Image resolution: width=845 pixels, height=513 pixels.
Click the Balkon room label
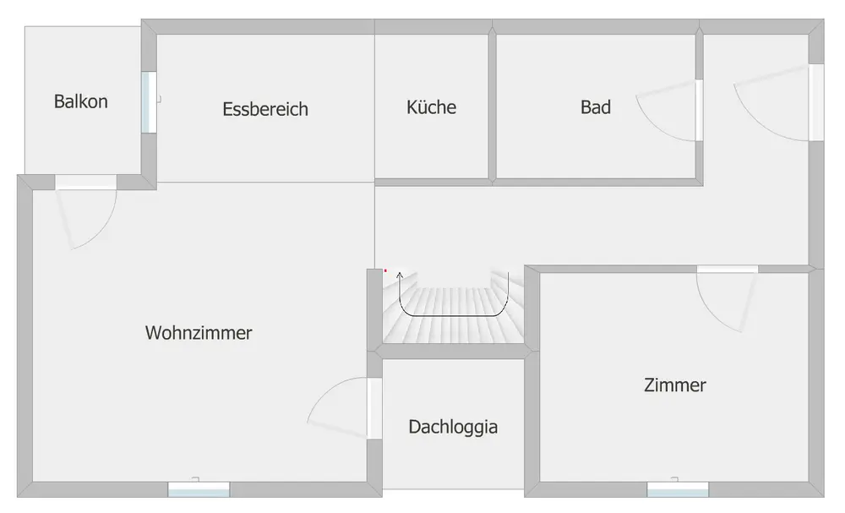click(81, 101)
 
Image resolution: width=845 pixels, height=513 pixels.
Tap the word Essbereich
click(265, 109)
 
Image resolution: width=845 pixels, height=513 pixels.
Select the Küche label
click(431, 107)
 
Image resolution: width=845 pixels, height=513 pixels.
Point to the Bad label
click(596, 107)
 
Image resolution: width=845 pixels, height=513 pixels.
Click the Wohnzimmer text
click(199, 332)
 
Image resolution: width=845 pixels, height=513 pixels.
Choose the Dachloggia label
click(453, 427)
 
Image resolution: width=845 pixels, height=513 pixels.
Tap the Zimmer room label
click(674, 385)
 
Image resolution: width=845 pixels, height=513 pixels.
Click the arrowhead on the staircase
click(400, 276)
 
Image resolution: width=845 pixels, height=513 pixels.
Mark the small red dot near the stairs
click(385, 270)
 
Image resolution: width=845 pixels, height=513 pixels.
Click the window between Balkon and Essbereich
click(149, 102)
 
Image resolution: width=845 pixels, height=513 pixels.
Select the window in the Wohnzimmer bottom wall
click(199, 489)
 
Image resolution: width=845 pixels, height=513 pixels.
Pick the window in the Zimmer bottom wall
click(678, 489)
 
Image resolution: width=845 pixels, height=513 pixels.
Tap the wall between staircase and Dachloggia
click(453, 352)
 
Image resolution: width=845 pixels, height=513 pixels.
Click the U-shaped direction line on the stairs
click(454, 315)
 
